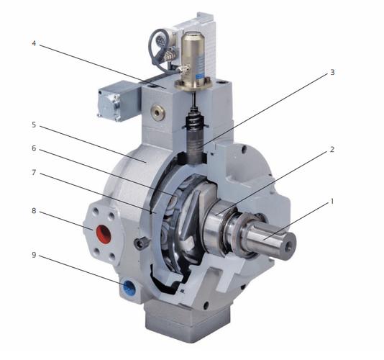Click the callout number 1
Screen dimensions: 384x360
tap(332, 202)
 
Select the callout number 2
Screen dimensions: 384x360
tap(332, 149)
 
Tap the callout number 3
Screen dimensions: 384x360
tap(332, 72)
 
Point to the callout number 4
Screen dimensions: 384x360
tap(34, 43)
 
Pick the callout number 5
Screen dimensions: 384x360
tap(34, 125)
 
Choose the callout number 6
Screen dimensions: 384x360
tap(34, 148)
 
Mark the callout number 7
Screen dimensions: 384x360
tap(34, 173)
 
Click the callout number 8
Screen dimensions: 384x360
tap(34, 211)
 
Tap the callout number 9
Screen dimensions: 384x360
tap(34, 255)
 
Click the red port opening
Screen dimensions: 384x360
tap(104, 233)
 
